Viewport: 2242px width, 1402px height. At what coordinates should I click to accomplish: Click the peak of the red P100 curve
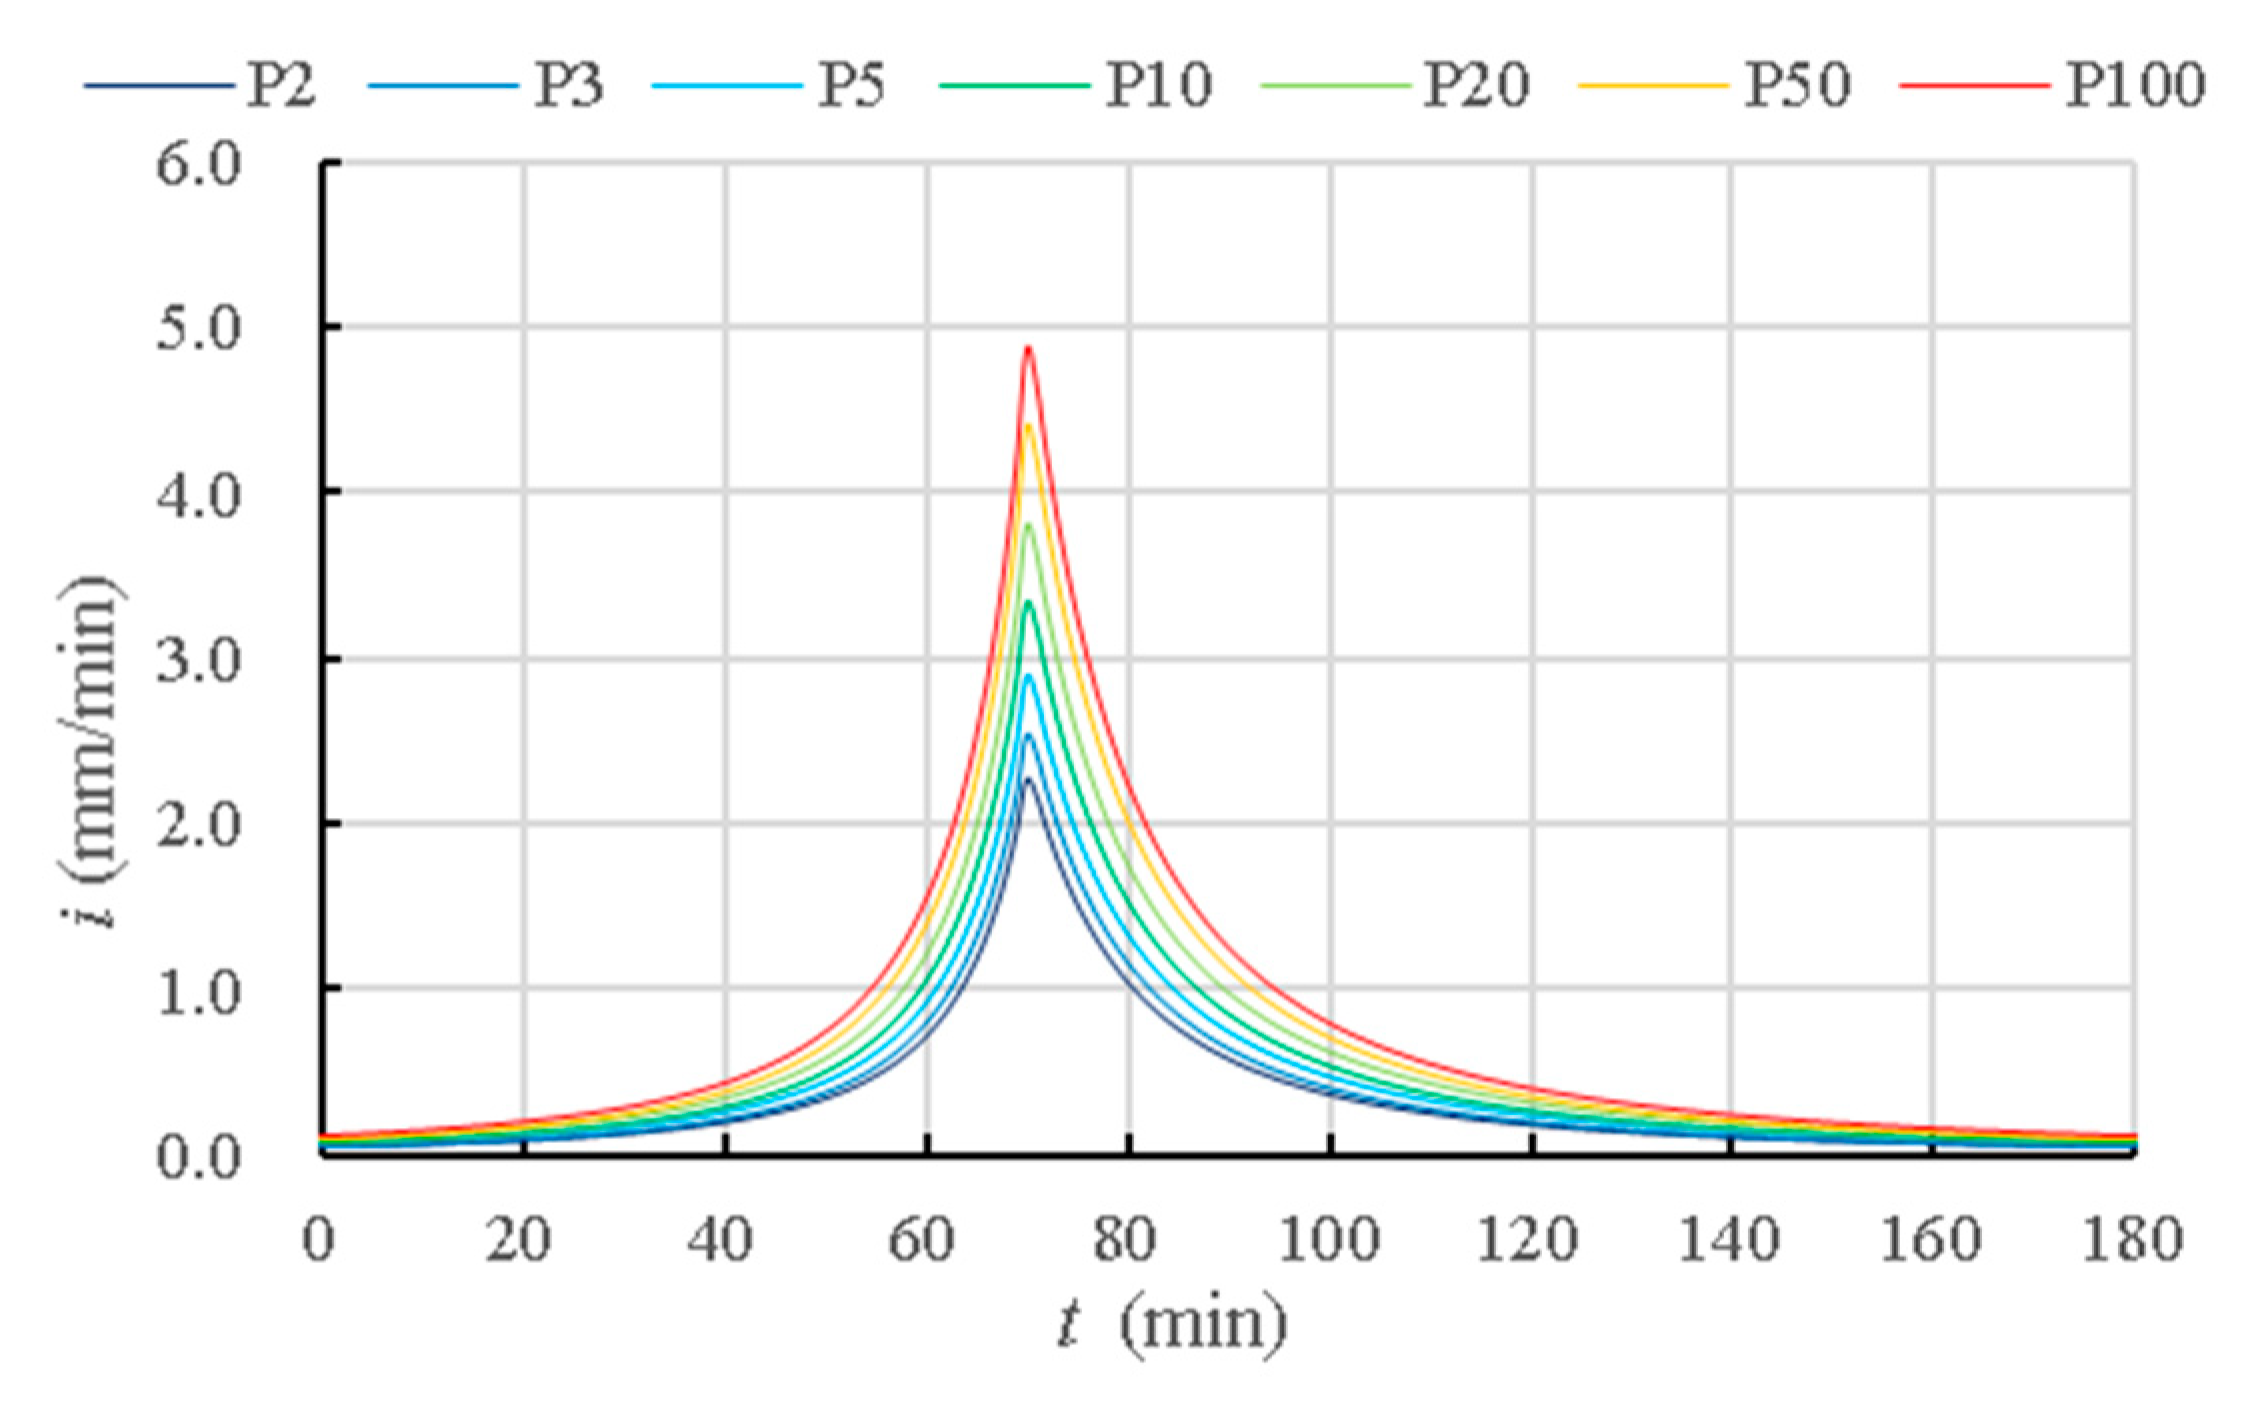click(x=1027, y=348)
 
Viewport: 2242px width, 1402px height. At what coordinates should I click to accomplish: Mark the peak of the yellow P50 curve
click(x=1027, y=426)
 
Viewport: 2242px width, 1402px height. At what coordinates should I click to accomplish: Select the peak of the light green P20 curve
click(x=1027, y=525)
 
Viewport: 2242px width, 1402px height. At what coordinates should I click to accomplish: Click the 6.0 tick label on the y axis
click(x=199, y=164)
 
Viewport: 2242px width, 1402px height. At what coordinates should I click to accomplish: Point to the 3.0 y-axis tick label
click(x=199, y=660)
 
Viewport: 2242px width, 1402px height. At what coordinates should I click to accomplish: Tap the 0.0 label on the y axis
click(x=199, y=1157)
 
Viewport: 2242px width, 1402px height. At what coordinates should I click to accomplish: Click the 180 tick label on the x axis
click(x=2131, y=1241)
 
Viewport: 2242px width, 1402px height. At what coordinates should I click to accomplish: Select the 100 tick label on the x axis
click(x=1329, y=1241)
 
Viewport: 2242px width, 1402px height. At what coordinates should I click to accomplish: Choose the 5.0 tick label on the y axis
click(x=199, y=330)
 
